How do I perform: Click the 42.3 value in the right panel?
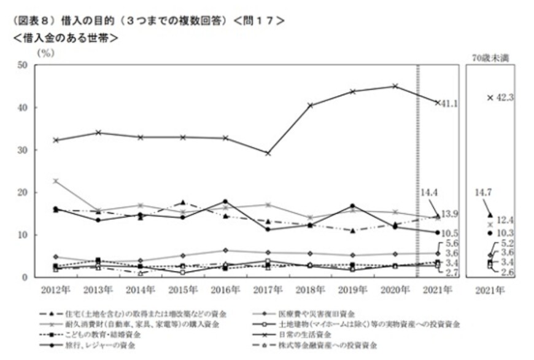pos(507,97)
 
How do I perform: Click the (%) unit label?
pos(46,53)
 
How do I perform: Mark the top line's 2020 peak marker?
pos(395,86)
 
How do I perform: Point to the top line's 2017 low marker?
pos(268,153)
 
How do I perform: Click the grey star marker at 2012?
pos(56,181)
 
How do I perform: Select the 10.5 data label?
pos(450,233)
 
